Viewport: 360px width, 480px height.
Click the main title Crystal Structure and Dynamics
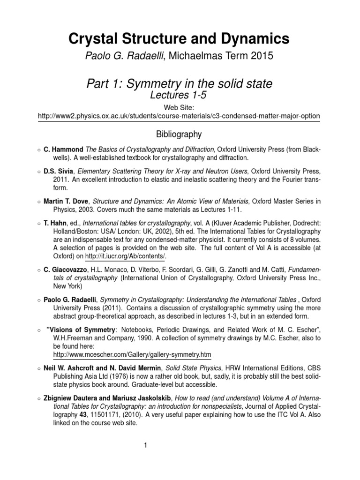point(180,38)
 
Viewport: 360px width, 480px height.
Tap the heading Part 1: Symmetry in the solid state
point(180,84)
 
